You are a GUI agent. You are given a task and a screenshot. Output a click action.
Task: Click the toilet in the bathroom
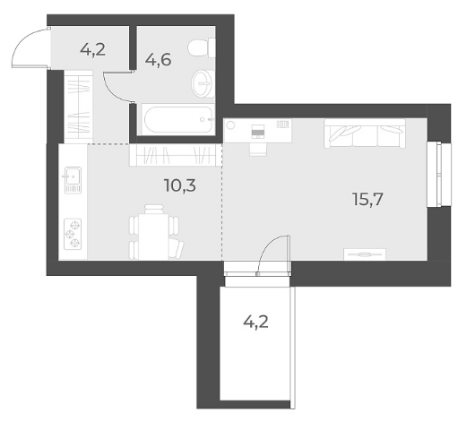click(202, 47)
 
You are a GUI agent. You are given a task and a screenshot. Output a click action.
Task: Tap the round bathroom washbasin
click(203, 83)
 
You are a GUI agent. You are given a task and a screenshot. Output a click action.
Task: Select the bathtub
click(178, 119)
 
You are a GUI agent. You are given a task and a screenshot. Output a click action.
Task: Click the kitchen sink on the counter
click(73, 180)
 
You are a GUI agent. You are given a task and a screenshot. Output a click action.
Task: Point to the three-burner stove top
click(73, 235)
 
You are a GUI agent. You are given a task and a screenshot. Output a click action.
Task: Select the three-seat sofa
click(365, 133)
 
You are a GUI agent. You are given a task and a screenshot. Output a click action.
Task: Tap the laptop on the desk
click(258, 132)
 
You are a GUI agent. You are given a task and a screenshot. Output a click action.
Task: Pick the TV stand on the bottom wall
click(365, 254)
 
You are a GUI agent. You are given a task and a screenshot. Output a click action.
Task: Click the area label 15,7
click(367, 199)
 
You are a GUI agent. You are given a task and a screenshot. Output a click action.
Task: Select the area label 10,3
click(180, 185)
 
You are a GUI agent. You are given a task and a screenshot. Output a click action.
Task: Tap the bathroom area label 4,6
click(158, 60)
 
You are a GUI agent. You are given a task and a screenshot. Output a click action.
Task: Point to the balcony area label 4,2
click(255, 322)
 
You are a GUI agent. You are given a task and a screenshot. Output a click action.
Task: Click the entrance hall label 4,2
click(93, 49)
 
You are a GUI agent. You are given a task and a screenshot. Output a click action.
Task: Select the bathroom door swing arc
click(112, 90)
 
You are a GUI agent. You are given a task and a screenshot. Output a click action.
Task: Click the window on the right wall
click(438, 175)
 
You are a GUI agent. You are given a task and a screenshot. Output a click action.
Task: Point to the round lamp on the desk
click(230, 125)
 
